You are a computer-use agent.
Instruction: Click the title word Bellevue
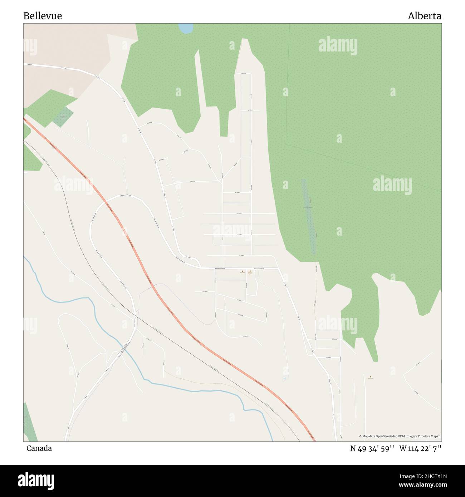coord(43,16)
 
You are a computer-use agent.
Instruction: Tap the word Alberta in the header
coord(424,16)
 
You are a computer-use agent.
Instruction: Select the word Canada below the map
coord(39,448)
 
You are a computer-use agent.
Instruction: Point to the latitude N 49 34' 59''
coord(372,448)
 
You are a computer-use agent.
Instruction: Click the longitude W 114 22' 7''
coord(420,448)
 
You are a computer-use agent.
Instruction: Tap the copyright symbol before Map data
coord(361,436)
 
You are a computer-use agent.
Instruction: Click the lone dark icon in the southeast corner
coord(370,377)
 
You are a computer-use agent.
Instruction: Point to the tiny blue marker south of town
coord(285,378)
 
